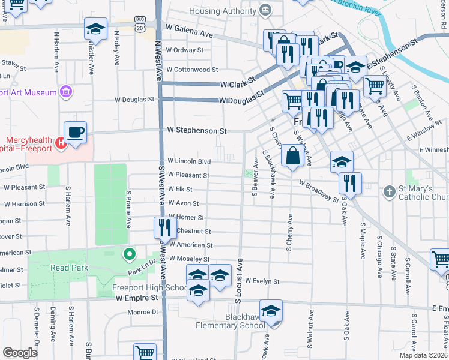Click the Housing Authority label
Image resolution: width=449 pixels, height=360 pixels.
tap(223, 11)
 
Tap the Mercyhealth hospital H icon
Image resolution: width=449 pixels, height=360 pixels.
tap(60, 143)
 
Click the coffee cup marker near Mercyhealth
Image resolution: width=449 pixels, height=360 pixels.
tap(76, 133)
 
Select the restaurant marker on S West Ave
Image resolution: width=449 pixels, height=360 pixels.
tap(164, 228)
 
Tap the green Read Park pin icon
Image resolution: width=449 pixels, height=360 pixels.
tap(128, 254)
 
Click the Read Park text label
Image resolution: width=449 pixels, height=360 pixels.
tap(70, 268)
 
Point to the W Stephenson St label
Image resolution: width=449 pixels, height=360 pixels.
tap(197, 130)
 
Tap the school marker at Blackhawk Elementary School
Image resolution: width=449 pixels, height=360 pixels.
tap(271, 311)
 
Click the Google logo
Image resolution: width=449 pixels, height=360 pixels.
tap(20, 353)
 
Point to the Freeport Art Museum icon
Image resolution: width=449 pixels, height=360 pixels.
tap(66, 92)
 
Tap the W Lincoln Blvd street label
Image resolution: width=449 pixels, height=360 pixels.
tap(189, 161)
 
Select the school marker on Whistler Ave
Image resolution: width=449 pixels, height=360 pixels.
tap(95, 30)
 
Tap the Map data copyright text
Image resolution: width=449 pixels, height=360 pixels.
tap(423, 355)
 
